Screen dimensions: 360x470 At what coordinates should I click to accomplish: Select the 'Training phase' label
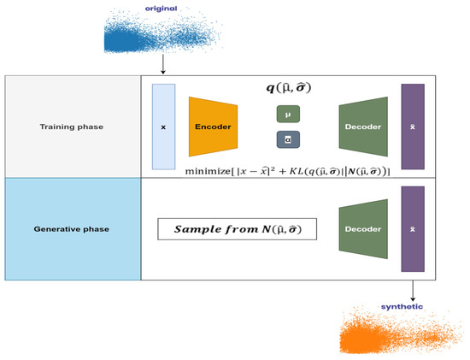(x=73, y=126)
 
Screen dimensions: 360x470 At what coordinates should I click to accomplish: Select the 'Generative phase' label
(x=73, y=228)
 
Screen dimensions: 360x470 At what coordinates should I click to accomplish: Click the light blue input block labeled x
(x=163, y=126)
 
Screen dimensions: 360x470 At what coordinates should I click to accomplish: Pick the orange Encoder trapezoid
(x=213, y=127)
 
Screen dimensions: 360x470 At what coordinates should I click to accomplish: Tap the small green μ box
(x=288, y=114)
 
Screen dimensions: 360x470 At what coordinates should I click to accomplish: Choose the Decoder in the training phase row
(x=364, y=127)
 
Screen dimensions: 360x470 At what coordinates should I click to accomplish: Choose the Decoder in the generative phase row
(x=364, y=229)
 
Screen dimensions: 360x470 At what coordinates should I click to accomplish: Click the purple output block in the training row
(x=413, y=126)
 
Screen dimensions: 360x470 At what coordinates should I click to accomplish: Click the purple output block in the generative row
(x=413, y=229)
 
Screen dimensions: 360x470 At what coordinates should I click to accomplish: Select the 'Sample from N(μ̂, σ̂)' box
(x=237, y=229)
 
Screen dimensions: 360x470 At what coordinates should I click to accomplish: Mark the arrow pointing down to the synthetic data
(x=414, y=291)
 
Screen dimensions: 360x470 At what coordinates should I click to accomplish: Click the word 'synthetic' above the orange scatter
(x=402, y=306)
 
